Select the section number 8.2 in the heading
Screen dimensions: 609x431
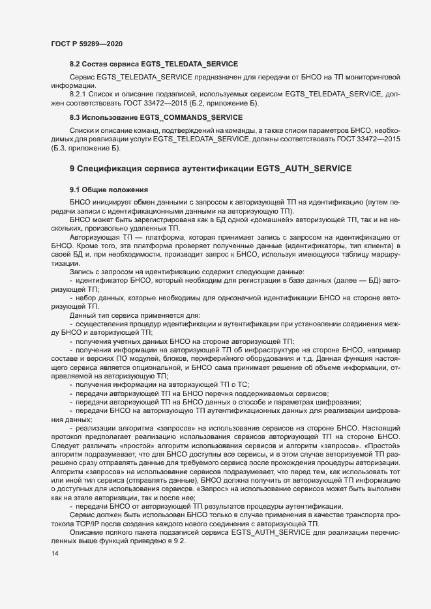(x=76, y=64)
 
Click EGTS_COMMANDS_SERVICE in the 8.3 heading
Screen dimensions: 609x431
(x=199, y=117)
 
